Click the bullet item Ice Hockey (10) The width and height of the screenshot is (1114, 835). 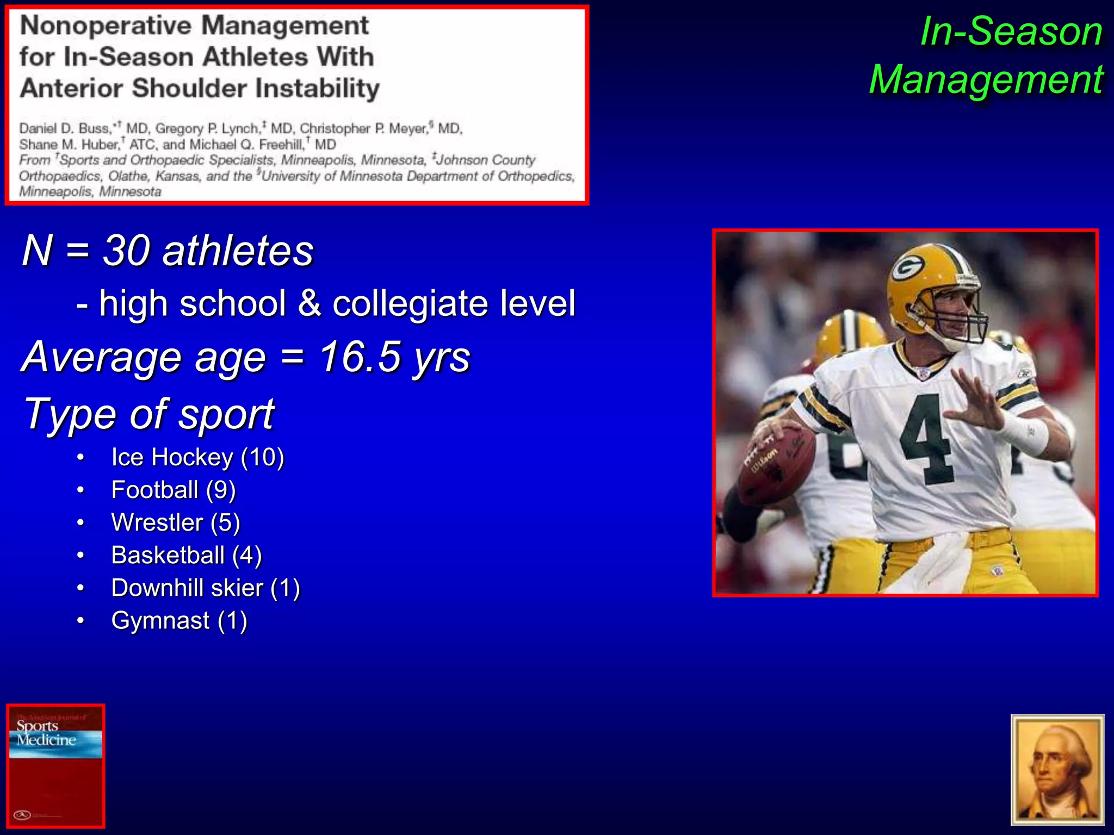[x=197, y=457]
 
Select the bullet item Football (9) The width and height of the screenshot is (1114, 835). [x=173, y=490]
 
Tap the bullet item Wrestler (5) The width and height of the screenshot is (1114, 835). [x=175, y=522]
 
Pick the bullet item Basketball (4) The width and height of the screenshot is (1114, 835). [x=186, y=555]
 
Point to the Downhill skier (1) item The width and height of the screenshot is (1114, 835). [x=205, y=588]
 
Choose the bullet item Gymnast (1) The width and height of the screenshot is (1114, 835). [x=179, y=620]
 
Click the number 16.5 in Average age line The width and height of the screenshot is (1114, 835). [x=360, y=357]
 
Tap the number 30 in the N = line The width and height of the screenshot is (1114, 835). [x=126, y=251]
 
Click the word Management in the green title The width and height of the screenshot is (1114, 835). [x=986, y=80]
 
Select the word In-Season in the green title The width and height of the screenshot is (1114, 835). [x=1011, y=32]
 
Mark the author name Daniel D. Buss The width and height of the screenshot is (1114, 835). [x=64, y=129]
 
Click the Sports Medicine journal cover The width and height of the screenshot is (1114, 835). [x=55, y=765]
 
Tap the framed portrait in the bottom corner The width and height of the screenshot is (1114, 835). [x=1057, y=769]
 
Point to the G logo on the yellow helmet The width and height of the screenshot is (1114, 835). [x=907, y=267]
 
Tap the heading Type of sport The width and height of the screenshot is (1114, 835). [x=149, y=414]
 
